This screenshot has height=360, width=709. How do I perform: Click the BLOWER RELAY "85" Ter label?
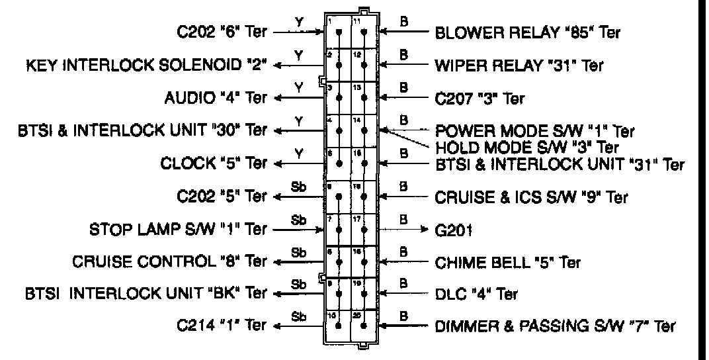tap(527, 32)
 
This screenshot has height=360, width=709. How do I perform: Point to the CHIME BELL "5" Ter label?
tap(507, 263)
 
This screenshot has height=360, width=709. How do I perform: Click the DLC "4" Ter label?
tap(476, 293)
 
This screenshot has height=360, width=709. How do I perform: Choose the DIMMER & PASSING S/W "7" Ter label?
tap(556, 326)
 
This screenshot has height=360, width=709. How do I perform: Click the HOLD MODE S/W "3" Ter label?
tap(527, 146)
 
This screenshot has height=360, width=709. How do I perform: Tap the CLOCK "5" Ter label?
tap(214, 163)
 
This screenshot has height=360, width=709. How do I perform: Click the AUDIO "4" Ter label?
tap(215, 98)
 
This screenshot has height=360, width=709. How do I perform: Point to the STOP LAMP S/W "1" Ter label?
tap(178, 230)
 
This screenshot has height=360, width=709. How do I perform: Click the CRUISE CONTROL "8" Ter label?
tap(170, 262)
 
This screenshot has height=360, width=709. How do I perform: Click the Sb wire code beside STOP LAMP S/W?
tap(298, 219)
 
